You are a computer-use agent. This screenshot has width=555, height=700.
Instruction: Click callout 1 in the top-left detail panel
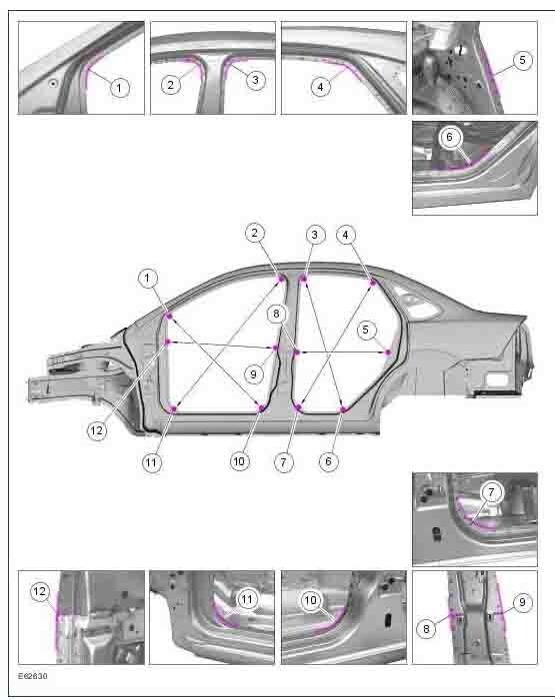point(119,88)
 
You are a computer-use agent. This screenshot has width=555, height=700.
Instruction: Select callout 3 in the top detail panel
point(255,80)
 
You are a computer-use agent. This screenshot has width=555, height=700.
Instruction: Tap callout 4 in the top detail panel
point(320,86)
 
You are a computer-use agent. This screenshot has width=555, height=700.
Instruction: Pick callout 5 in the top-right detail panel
point(522,60)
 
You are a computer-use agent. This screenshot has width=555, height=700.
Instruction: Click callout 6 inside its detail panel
point(449,137)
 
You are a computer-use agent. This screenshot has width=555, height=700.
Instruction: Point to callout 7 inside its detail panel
point(491,492)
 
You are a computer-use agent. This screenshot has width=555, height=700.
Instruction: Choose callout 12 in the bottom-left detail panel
point(39,591)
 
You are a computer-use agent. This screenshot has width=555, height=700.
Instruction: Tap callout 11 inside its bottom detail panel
point(247,599)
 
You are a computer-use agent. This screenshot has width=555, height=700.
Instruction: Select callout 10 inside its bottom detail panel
point(310,600)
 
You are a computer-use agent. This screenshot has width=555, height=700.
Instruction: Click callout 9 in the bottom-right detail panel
point(522,602)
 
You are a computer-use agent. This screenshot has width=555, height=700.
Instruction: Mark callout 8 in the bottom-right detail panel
point(426,628)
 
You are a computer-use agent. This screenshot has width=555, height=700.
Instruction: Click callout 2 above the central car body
point(255,233)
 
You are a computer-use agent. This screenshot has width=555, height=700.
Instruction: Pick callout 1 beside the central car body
point(147,279)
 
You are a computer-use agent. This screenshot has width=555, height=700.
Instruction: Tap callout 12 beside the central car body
point(97,430)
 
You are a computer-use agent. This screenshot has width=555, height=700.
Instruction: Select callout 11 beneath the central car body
point(151,462)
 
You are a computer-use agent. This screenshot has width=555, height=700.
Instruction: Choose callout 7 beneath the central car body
point(284,462)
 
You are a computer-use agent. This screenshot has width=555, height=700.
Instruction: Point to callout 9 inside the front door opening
point(254,373)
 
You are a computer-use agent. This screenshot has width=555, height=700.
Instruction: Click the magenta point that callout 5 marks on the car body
point(388,352)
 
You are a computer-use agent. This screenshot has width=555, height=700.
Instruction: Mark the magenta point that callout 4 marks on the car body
point(373,283)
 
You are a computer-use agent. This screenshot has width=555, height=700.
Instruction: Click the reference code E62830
point(33,676)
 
